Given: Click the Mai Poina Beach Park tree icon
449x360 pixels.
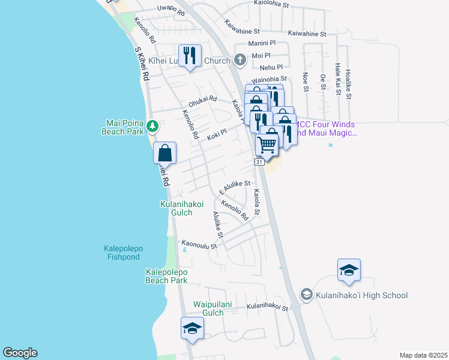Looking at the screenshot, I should tap(153, 126).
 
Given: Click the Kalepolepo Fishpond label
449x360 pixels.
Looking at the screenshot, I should tap(120, 253).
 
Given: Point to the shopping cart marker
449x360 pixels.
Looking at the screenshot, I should tap(267, 144).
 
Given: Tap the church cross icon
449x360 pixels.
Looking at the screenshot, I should tap(240, 60).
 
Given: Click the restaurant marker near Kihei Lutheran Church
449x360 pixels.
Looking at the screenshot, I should tap(190, 55).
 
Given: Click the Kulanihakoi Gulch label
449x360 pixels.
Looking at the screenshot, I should tap(176, 208).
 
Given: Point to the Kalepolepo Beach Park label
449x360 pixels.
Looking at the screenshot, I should tap(167, 276).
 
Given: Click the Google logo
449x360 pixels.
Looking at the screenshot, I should tap(20, 353).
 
